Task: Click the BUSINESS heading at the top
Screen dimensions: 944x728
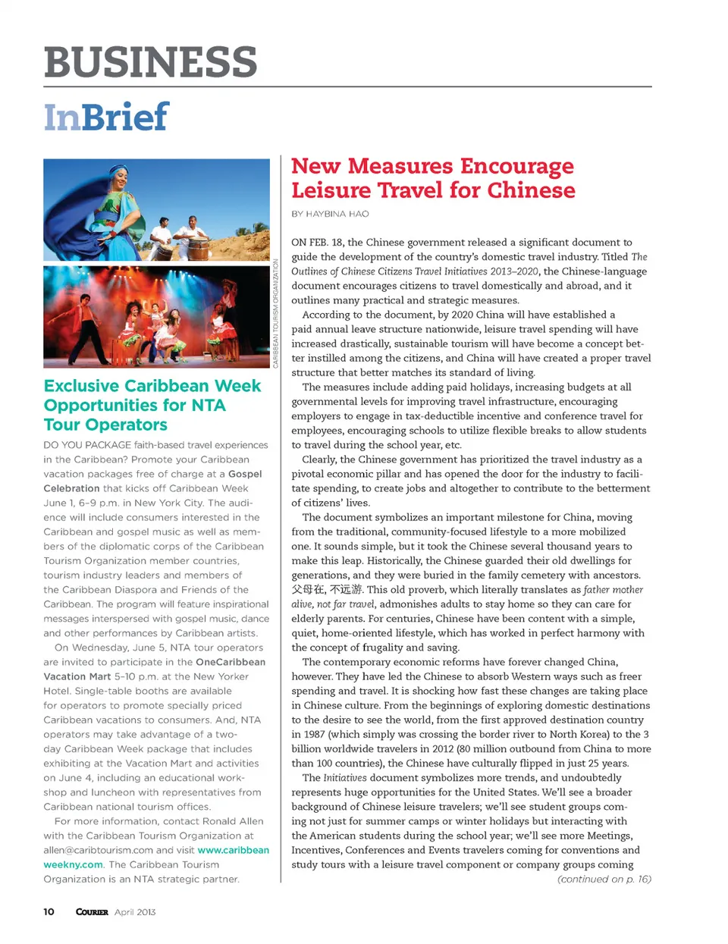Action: click(x=150, y=61)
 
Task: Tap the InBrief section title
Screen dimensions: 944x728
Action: click(x=105, y=117)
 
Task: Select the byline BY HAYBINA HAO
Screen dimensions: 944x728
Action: click(x=330, y=214)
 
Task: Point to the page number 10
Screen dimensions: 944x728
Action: click(x=49, y=911)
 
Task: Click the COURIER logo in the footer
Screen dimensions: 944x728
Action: click(x=92, y=911)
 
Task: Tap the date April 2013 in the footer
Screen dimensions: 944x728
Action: click(x=135, y=911)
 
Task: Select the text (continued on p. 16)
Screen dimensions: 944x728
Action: click(x=604, y=879)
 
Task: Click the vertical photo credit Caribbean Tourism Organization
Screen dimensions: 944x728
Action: click(x=276, y=313)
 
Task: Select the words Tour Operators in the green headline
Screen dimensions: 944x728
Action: click(x=105, y=425)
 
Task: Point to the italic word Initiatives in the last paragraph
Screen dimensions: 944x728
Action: click(x=345, y=778)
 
